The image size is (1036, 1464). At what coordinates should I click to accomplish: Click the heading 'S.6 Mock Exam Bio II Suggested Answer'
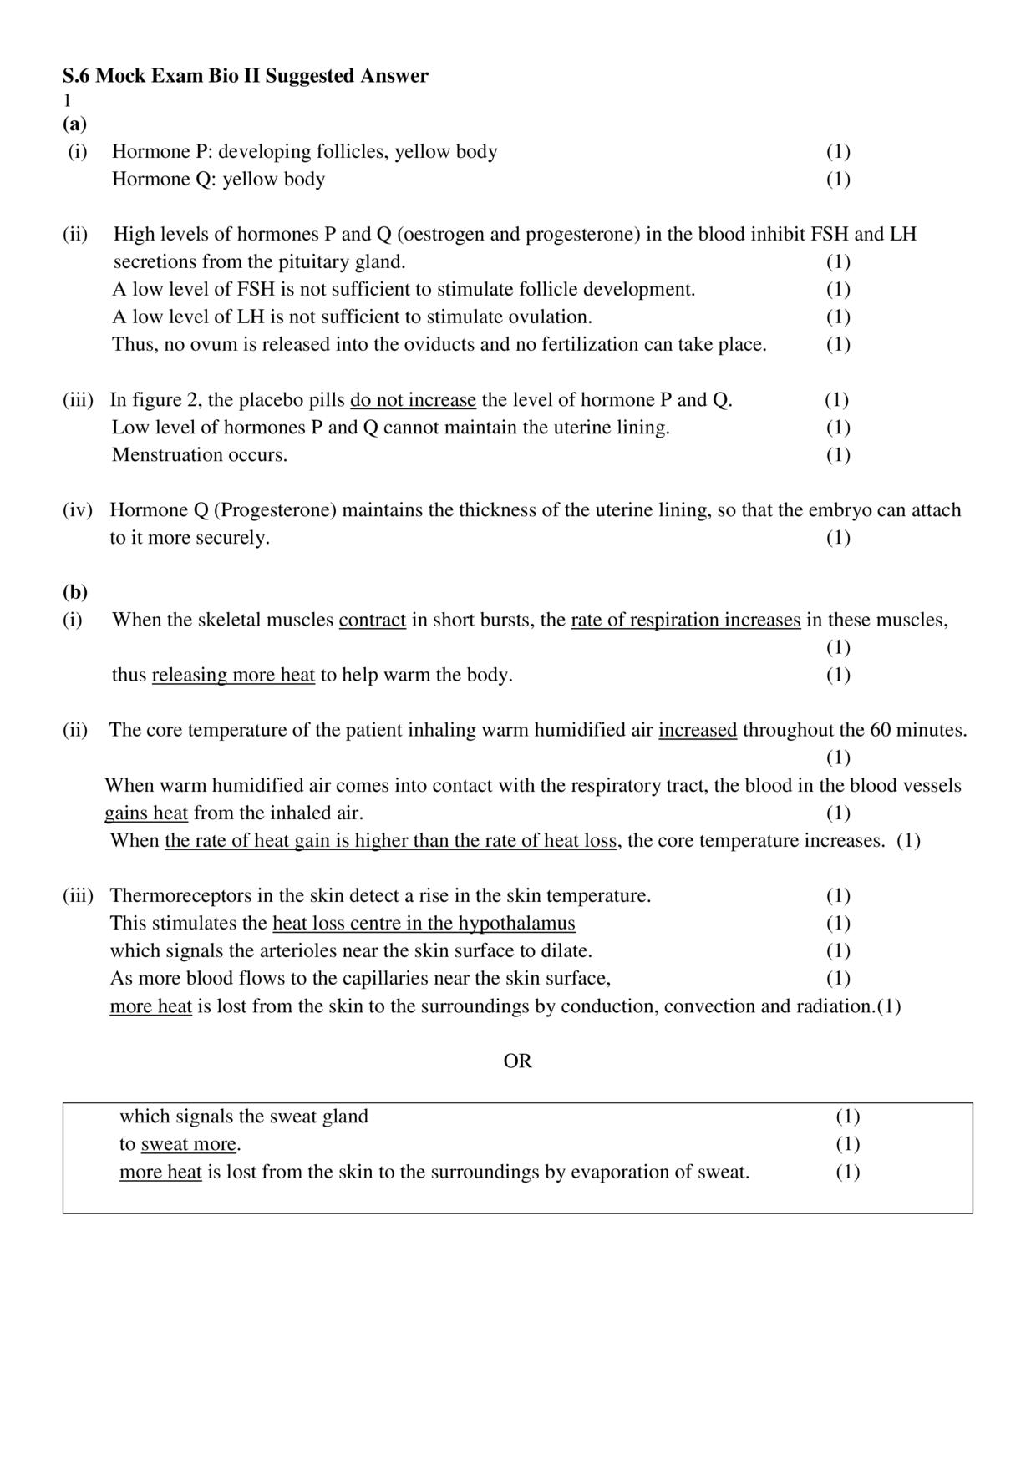click(x=245, y=76)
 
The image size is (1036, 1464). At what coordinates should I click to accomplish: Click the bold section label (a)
click(x=74, y=124)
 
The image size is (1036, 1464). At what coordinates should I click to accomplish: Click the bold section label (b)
click(x=74, y=592)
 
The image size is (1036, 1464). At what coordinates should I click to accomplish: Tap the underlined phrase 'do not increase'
click(x=413, y=400)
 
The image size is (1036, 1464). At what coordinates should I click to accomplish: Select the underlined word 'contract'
click(x=372, y=621)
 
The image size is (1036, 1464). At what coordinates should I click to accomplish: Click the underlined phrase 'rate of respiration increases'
click(x=685, y=621)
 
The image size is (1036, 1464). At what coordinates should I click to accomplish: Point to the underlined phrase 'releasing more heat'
click(x=233, y=675)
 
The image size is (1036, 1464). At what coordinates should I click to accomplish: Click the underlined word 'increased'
click(x=698, y=730)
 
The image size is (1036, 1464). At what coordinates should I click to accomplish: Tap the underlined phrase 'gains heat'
click(x=146, y=813)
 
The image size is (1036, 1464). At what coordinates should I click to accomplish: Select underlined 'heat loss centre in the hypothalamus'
click(x=424, y=923)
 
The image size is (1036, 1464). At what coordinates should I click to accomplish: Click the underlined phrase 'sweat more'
click(x=189, y=1144)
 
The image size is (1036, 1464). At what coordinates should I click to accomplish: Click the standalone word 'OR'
click(x=517, y=1061)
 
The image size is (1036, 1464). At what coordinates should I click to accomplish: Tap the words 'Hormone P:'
click(x=162, y=152)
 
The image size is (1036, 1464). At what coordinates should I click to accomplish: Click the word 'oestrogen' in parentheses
click(x=444, y=234)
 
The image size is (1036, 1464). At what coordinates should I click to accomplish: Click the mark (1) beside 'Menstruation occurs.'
click(x=838, y=455)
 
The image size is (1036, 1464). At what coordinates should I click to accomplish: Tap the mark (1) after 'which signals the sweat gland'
click(x=847, y=1117)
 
